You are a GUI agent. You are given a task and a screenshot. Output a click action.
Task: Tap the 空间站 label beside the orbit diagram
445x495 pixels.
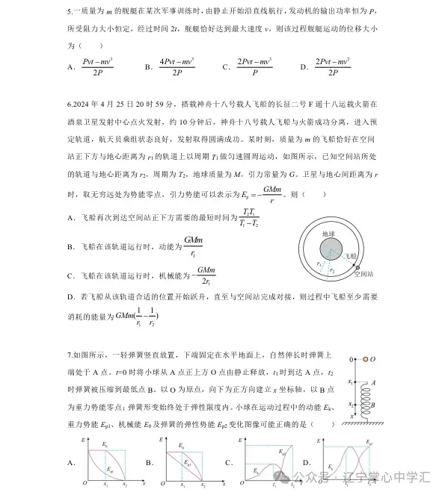pyautogui.click(x=364, y=274)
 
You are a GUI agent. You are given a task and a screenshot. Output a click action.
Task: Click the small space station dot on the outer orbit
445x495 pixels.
pyautogui.click(x=357, y=267)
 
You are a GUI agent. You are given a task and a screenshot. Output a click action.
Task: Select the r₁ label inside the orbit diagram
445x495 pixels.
pyautogui.click(x=319, y=263)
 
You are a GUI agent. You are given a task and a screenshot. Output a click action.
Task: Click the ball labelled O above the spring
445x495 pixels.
pyautogui.click(x=365, y=359)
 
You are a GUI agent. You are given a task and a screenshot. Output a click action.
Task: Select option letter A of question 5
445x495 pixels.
pyautogui.click(x=70, y=67)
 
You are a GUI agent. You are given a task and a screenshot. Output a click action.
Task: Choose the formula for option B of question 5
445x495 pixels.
pyautogui.click(x=177, y=66)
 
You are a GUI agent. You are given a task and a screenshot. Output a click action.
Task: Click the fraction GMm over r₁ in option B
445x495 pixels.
pyautogui.click(x=193, y=246)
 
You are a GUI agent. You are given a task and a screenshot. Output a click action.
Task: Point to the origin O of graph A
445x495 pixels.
pyautogui.click(x=85, y=483)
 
